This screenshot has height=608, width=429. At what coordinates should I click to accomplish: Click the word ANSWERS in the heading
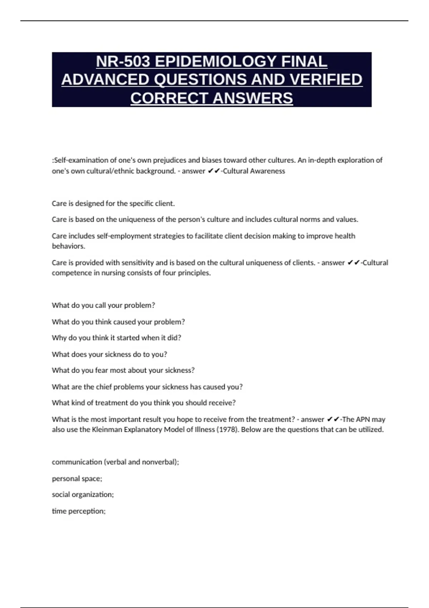(252, 98)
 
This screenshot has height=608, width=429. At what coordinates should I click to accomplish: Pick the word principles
(194, 273)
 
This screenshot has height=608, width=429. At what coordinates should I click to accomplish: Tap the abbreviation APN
(363, 420)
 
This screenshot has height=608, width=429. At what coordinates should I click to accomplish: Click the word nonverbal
(159, 462)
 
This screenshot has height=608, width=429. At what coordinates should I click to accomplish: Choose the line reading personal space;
(77, 479)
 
